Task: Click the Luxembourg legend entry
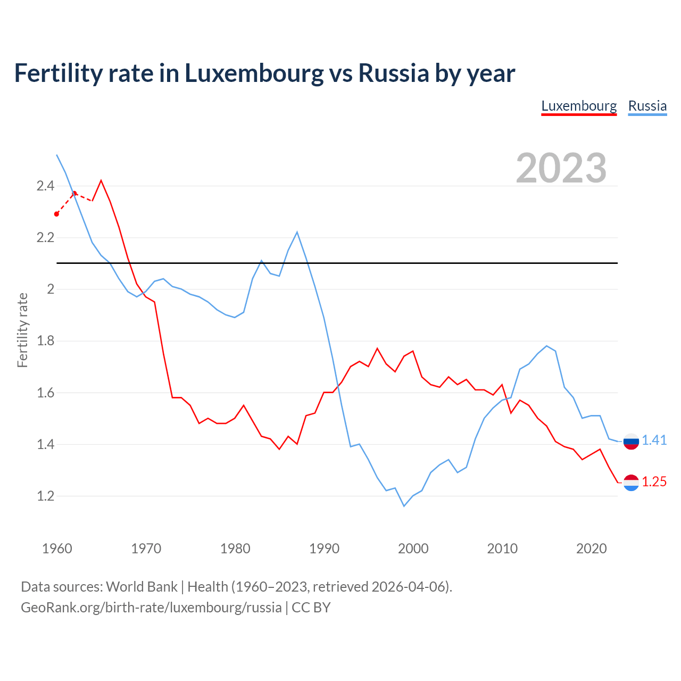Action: point(579,106)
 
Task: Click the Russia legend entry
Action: point(647,106)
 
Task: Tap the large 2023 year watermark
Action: point(561,168)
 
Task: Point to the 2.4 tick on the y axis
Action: point(45,186)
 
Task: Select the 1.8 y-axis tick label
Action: point(45,341)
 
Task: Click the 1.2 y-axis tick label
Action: point(45,496)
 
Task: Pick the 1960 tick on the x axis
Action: point(57,549)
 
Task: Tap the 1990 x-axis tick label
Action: point(324,549)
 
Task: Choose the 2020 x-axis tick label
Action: point(591,549)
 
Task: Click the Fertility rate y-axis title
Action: point(22,330)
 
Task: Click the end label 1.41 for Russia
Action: point(654,440)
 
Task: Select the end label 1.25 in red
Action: point(654,481)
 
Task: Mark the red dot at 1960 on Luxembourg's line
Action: point(57,214)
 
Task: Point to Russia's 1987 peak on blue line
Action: point(297,232)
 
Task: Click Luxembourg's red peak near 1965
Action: point(101,180)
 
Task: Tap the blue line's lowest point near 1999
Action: point(404,506)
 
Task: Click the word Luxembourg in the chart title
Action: point(254,73)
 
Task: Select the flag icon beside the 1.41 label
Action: point(631,441)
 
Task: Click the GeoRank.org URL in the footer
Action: point(151,608)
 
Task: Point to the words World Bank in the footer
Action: point(142,587)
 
